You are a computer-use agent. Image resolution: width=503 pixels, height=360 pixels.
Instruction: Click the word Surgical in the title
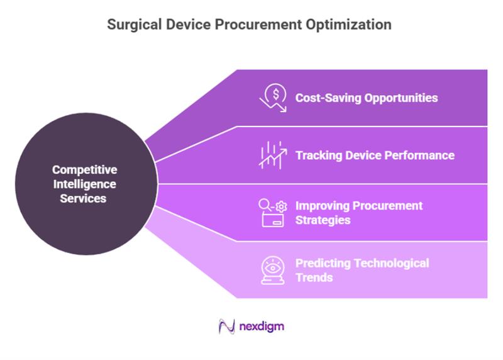coord(131,25)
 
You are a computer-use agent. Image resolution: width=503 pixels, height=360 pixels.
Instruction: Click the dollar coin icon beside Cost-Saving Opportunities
coord(274,98)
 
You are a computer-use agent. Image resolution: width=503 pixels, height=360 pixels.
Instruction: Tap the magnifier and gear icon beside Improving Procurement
coord(274,213)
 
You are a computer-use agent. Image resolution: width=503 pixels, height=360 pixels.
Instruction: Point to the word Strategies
coord(323,220)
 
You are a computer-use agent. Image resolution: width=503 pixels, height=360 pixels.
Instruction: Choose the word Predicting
coord(323,263)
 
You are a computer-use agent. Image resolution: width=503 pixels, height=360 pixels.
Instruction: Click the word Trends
coord(314,278)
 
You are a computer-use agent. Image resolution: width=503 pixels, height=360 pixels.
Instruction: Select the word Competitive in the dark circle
coord(84,170)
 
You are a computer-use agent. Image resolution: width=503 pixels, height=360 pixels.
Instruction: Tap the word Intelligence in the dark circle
coord(84,184)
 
